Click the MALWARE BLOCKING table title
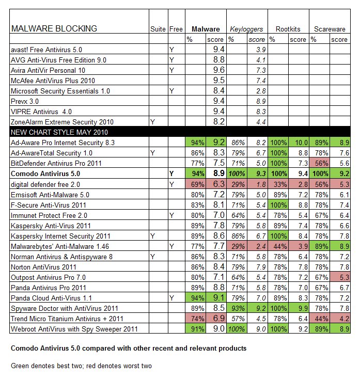tap(54, 29)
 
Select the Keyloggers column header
tap(246, 29)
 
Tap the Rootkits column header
tap(288, 29)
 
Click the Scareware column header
tap(330, 29)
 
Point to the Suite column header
tap(157, 29)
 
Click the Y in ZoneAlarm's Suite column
tap(152, 122)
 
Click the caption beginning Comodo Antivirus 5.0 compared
tap(129, 349)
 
